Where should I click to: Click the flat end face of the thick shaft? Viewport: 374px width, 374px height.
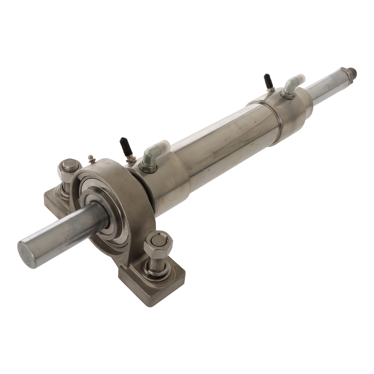click(27, 254)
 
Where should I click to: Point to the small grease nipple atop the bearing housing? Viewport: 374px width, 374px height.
click(91, 159)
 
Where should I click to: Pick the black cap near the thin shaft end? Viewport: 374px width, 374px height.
click(268, 81)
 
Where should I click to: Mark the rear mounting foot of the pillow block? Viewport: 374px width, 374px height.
click(52, 200)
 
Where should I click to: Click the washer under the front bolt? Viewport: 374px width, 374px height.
click(157, 271)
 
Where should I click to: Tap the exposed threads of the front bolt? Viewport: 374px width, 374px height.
click(156, 262)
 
